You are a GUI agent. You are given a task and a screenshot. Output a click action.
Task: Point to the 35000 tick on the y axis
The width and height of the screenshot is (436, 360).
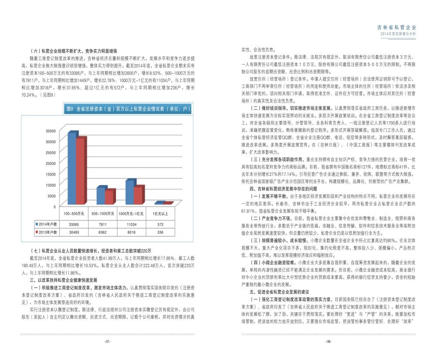point(51,131)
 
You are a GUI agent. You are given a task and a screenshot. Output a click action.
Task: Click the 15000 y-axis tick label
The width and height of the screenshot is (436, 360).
point(51,174)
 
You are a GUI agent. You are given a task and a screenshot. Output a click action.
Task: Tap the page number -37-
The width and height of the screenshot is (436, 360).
point(107,341)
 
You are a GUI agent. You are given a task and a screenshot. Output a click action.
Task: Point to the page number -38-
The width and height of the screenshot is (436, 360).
point(328,341)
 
